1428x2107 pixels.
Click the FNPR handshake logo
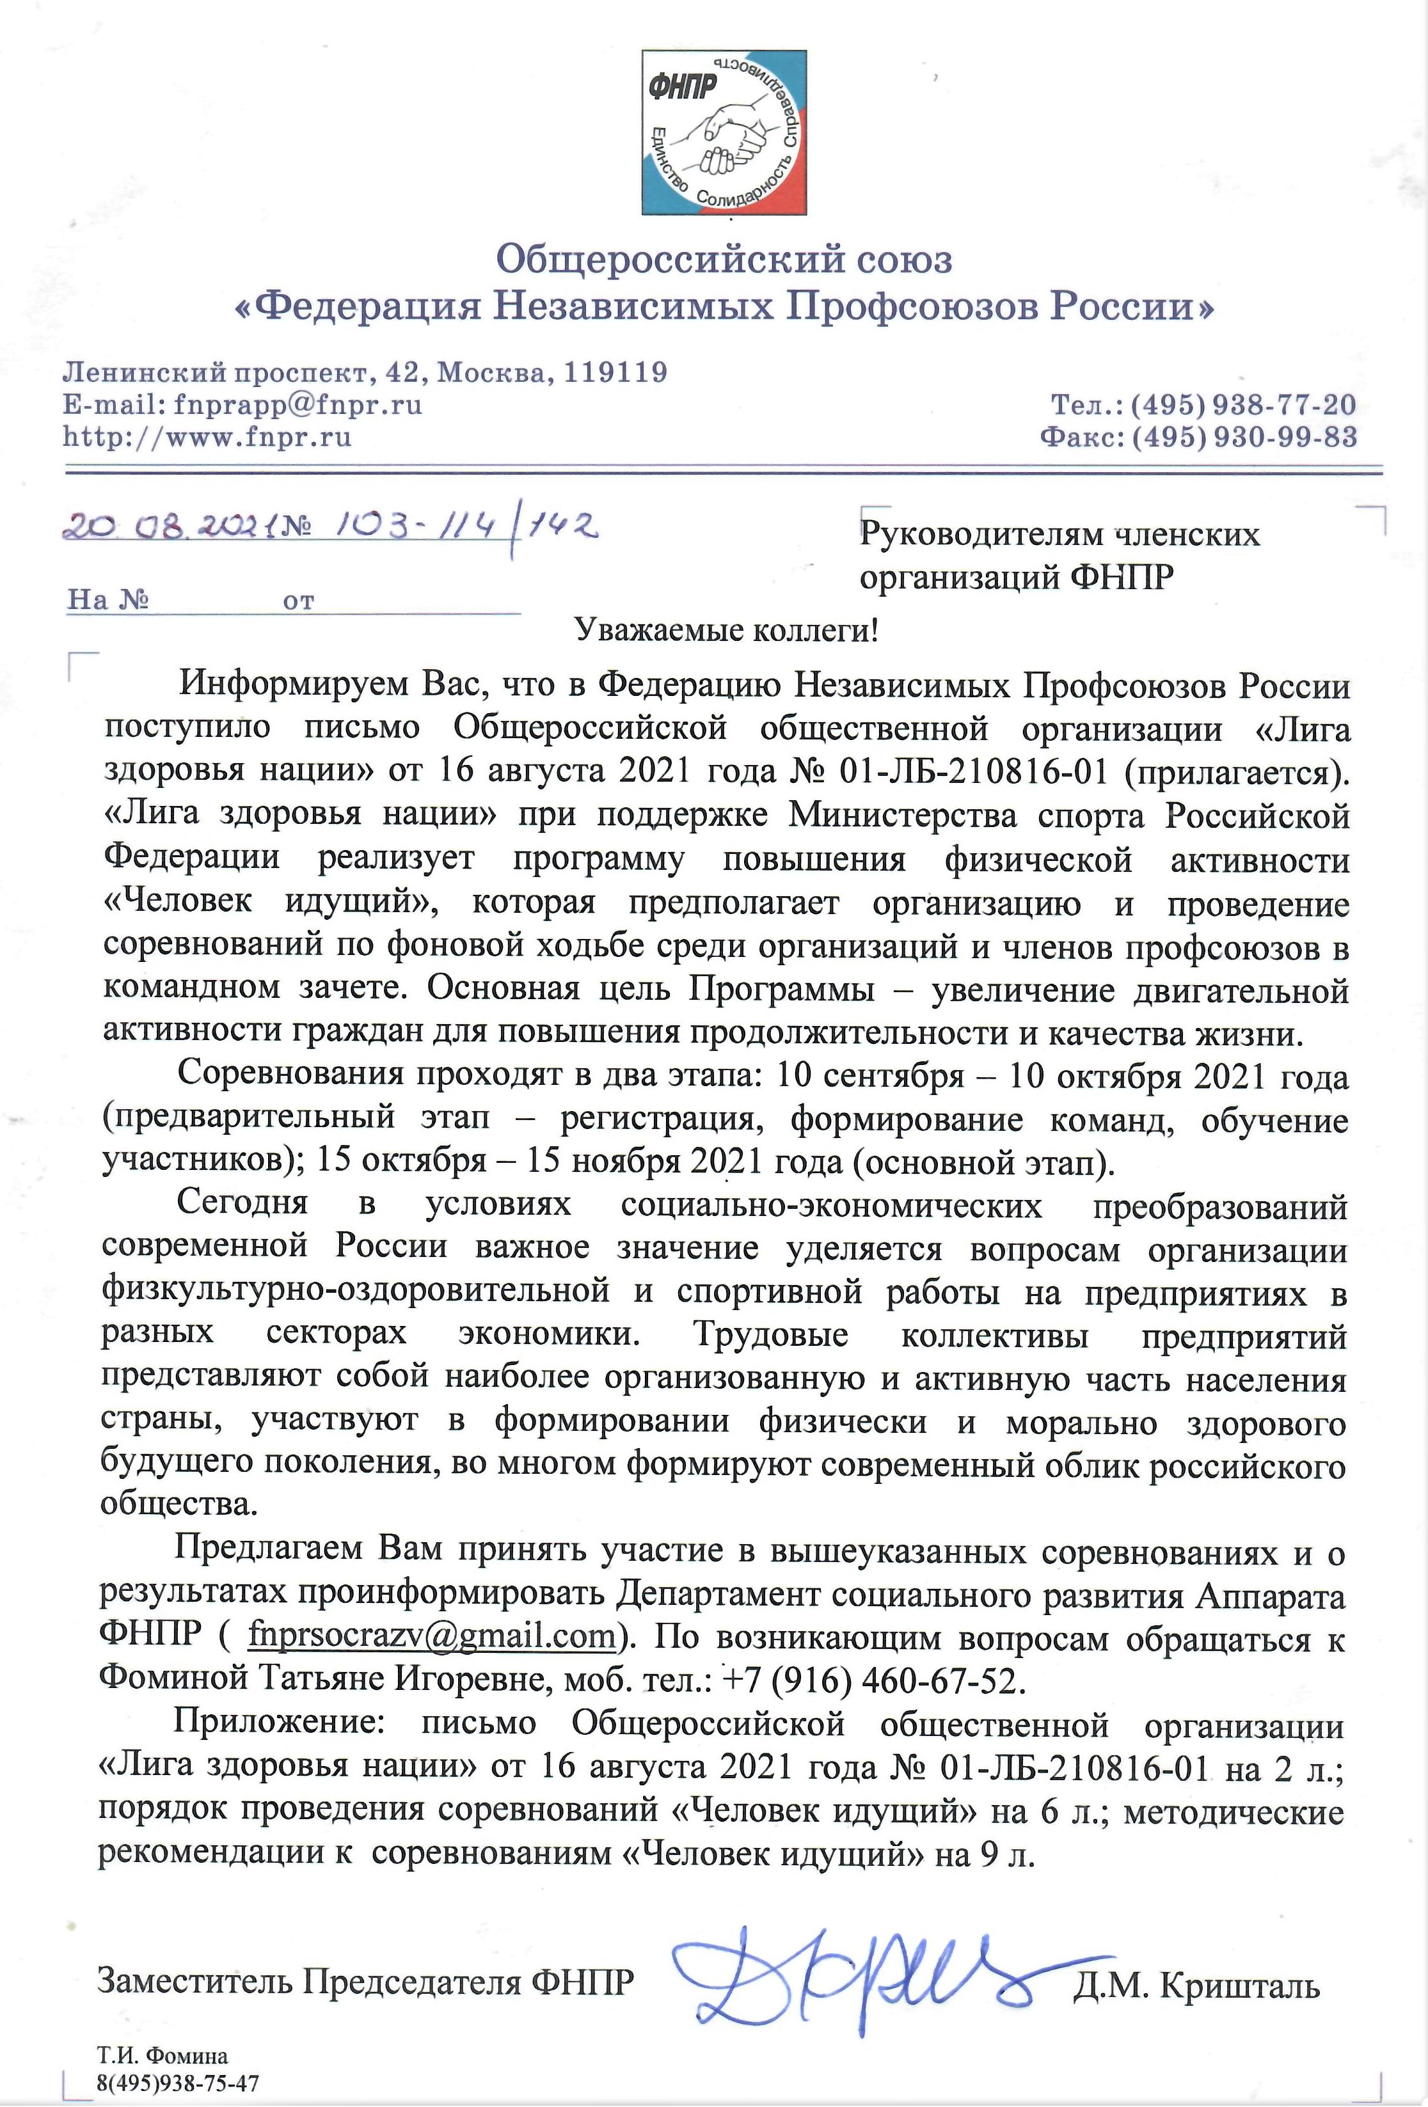[724, 132]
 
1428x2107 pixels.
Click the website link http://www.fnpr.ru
[207, 437]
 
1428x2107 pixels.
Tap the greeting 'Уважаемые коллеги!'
[726, 630]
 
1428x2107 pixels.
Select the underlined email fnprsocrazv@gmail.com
[432, 1636]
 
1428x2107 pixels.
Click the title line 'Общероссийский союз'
[724, 260]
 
